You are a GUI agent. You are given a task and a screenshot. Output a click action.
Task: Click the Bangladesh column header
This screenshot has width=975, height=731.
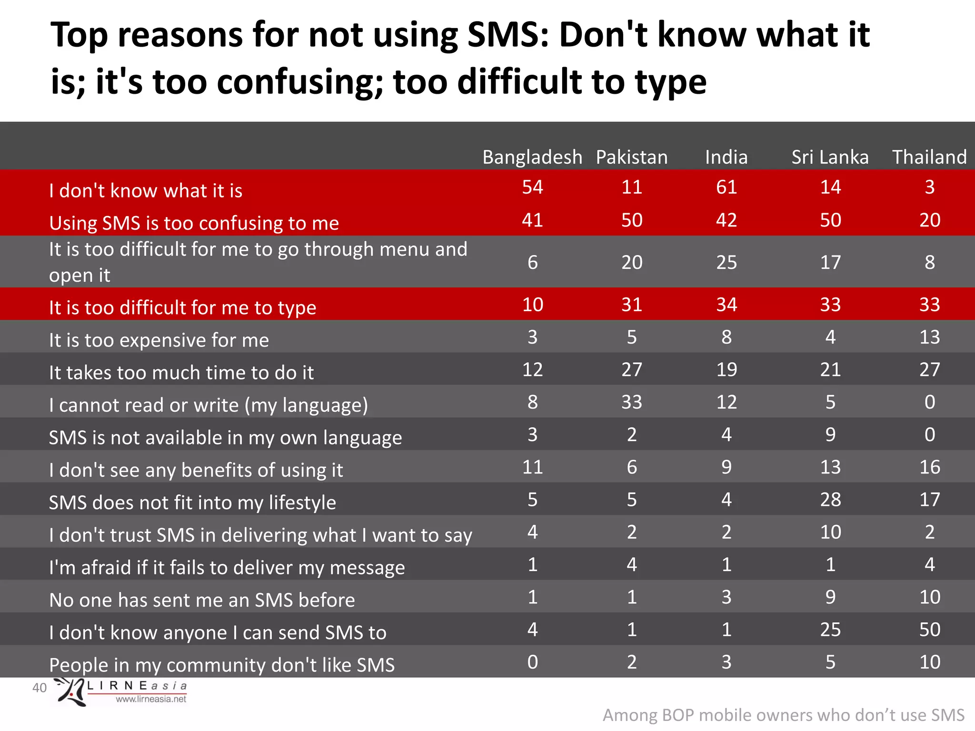[532, 157]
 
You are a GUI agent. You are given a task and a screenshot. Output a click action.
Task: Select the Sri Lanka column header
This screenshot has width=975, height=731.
[830, 157]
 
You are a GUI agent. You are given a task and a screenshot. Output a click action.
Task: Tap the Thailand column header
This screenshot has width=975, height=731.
[929, 157]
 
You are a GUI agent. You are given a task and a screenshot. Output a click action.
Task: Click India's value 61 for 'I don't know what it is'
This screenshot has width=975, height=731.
[726, 187]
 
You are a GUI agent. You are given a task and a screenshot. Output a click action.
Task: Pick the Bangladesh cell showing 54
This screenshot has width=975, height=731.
[532, 187]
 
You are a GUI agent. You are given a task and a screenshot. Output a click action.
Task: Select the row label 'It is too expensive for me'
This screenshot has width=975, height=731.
[159, 340]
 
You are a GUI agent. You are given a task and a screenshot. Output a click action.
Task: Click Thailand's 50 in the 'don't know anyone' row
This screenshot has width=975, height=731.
[929, 630]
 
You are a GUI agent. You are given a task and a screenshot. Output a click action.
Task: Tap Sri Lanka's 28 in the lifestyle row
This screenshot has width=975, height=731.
[830, 500]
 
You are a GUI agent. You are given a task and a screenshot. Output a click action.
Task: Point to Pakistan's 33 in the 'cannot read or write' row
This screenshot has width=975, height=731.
[632, 402]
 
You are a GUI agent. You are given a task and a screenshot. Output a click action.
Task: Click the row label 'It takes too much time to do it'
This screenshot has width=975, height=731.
[181, 372]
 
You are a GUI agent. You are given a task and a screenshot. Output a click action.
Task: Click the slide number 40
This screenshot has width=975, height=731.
[40, 688]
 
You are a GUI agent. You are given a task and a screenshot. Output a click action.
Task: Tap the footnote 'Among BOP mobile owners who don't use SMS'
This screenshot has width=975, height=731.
[783, 715]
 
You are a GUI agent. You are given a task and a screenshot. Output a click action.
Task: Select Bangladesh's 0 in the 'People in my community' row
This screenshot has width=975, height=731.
[532, 662]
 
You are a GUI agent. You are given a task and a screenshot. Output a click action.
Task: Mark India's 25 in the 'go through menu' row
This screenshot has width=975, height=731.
[726, 262]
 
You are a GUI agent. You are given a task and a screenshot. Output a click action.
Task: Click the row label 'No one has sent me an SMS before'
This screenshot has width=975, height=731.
[202, 600]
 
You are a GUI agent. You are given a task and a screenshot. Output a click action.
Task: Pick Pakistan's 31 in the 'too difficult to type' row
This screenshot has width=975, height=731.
[632, 305]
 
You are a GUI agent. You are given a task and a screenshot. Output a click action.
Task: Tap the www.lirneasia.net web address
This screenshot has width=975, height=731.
[151, 699]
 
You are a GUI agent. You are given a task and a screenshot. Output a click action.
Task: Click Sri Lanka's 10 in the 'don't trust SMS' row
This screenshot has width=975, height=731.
[830, 532]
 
